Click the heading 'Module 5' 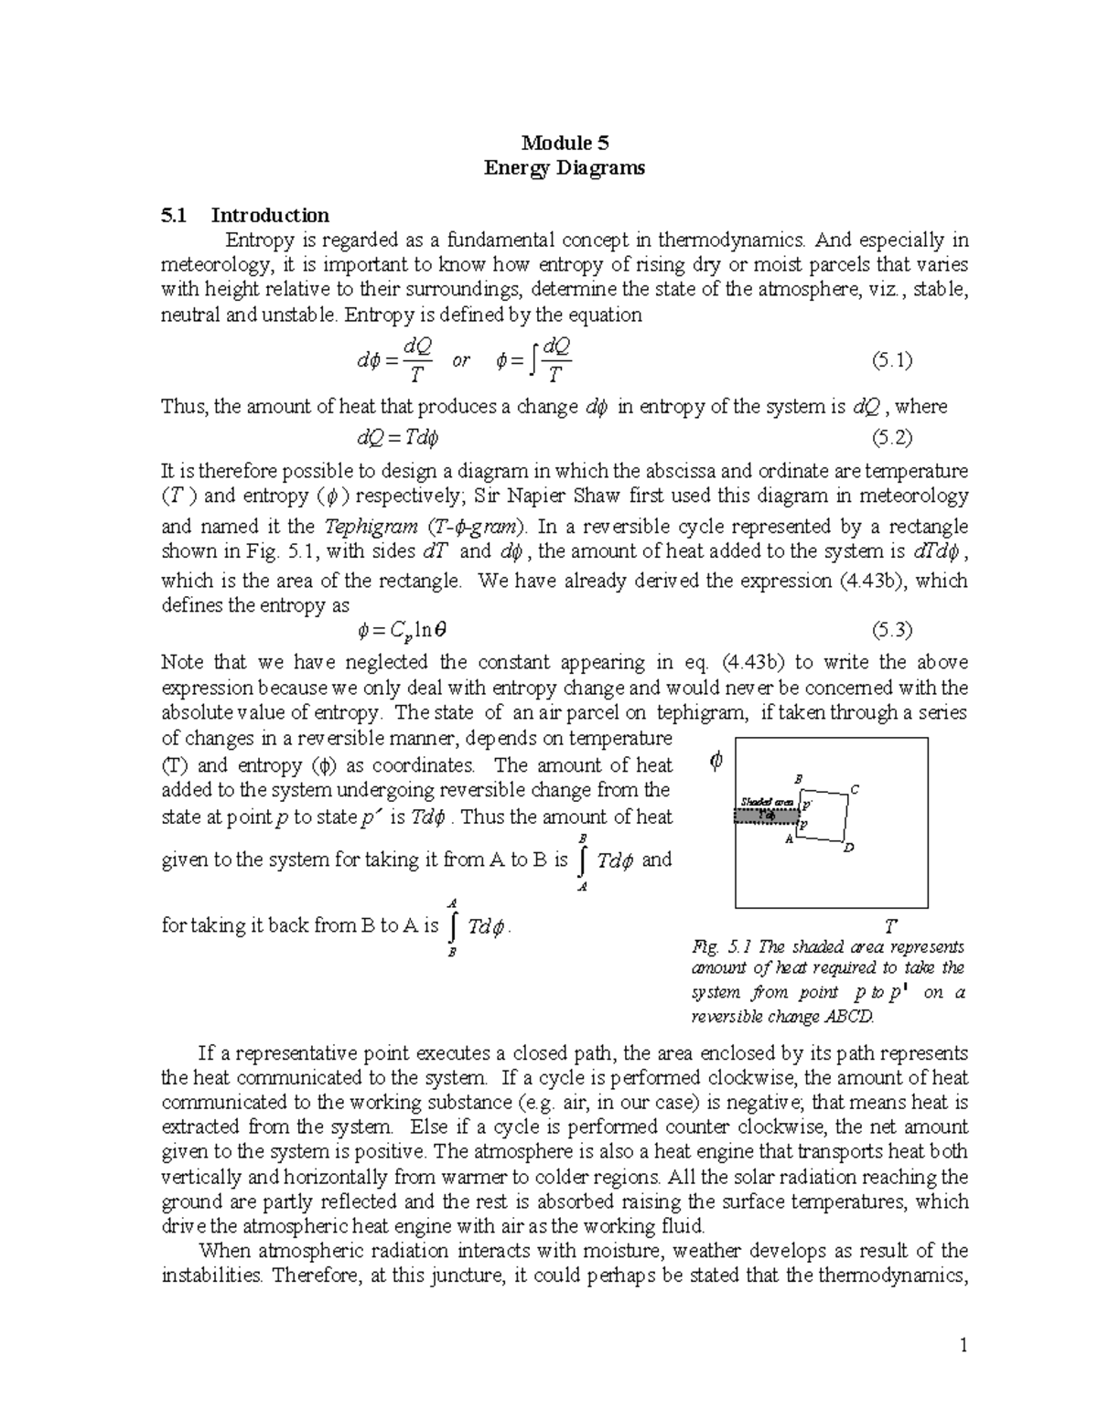(565, 143)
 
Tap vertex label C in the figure (855, 789)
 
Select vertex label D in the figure (848, 848)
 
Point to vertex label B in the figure (798, 778)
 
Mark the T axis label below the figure (889, 926)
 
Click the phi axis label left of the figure (716, 761)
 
